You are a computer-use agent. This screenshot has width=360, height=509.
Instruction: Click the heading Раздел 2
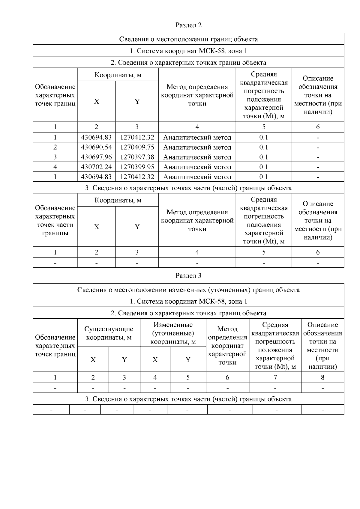tap(188, 25)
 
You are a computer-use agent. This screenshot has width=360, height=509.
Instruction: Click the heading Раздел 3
tap(188, 276)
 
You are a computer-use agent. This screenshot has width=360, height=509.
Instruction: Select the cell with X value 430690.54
tap(96, 147)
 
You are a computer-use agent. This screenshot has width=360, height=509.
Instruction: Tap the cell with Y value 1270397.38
tap(137, 157)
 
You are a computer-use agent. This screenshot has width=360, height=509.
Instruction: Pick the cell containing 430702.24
tap(96, 167)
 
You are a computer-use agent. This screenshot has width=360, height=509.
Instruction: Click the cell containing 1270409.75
tap(137, 147)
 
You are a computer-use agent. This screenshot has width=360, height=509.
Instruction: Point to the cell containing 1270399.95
tap(137, 167)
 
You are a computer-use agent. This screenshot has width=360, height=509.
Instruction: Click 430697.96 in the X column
tap(96, 157)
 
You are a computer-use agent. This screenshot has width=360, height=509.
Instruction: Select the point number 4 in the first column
tap(55, 167)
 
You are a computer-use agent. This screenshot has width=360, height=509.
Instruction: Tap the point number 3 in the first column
tap(55, 157)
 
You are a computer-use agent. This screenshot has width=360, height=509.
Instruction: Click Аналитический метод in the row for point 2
tap(197, 147)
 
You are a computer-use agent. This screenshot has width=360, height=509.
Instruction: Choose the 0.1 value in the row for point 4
tap(264, 167)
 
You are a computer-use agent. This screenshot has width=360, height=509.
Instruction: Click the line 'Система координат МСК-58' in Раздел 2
tap(188, 51)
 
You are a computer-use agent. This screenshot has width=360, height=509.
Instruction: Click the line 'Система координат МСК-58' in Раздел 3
tap(188, 301)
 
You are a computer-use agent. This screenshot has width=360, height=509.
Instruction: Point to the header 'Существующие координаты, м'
tap(109, 333)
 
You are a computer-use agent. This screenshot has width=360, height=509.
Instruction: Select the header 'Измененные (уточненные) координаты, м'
tap(173, 333)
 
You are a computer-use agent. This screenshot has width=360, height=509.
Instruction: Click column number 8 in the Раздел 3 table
tap(322, 377)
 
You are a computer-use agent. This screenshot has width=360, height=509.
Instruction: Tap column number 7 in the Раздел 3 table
tap(275, 377)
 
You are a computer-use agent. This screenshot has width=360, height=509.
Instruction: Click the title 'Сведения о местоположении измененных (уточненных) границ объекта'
tap(188, 290)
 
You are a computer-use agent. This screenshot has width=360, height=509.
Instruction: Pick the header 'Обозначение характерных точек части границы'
tap(55, 220)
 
